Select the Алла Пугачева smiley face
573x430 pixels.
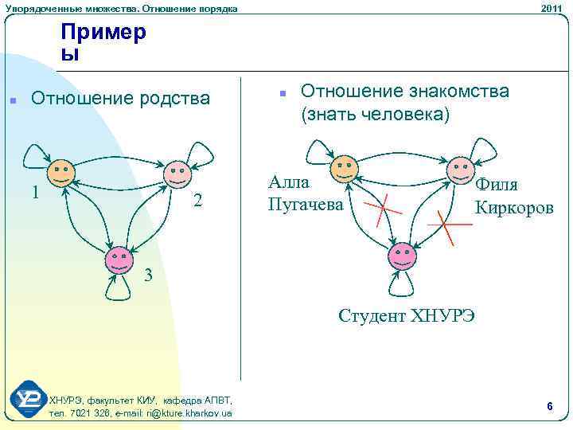(x=344, y=170)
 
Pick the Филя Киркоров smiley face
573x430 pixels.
(x=460, y=170)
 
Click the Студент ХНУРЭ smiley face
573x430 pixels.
(x=402, y=256)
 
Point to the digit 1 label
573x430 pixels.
(x=34, y=193)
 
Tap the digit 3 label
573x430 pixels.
(x=146, y=276)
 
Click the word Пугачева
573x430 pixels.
(x=306, y=205)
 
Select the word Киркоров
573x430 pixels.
(x=513, y=208)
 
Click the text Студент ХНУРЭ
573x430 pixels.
(x=407, y=315)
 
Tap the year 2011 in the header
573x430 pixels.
(x=552, y=8)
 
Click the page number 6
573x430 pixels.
(x=549, y=407)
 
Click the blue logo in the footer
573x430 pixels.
(x=28, y=400)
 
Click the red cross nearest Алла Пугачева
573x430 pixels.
(x=384, y=209)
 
